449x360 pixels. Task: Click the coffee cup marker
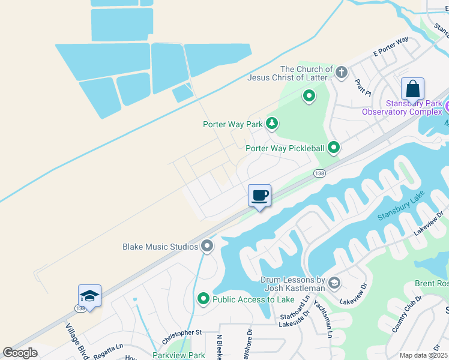point(259,196)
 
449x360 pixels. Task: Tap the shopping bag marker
point(412,89)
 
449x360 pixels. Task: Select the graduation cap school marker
point(89,296)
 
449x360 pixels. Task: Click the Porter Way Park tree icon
point(273,124)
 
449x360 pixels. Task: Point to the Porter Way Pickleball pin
point(334,147)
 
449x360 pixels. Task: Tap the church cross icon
point(342,73)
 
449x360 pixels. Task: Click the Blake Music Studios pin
point(208,246)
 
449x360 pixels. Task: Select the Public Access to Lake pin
point(203,299)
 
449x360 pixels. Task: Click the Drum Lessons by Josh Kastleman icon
point(335,283)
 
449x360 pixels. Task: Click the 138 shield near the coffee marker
point(319,173)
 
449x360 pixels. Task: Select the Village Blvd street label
point(76,342)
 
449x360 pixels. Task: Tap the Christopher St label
point(181,332)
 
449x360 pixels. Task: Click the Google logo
point(20,353)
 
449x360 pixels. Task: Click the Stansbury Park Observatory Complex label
point(401,107)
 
